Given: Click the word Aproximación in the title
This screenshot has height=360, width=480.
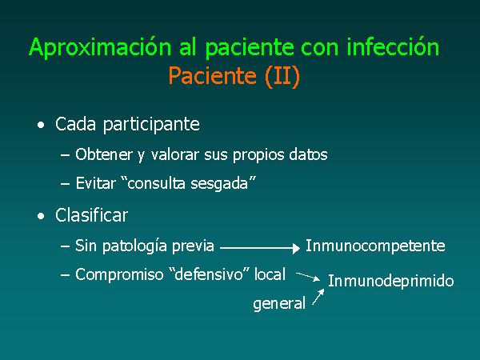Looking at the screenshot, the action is click(100, 48).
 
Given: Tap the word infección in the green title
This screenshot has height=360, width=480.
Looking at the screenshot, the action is click(393, 46).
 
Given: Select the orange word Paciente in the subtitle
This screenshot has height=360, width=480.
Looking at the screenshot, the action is click(212, 75).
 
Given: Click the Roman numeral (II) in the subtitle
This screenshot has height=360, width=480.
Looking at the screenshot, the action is click(282, 77).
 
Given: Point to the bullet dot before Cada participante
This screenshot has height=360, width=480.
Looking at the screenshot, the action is click(41, 126).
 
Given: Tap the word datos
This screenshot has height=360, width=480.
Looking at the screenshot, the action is click(308, 154).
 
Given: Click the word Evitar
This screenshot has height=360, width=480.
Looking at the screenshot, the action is click(95, 183).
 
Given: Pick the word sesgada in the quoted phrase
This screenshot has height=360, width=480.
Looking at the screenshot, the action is click(219, 184).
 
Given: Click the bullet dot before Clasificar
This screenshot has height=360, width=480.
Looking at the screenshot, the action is click(41, 217).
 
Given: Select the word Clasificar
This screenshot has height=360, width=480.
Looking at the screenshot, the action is click(91, 215).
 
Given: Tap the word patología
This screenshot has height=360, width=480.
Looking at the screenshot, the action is click(134, 246).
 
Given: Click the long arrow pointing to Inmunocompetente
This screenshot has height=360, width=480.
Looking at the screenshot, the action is click(260, 248).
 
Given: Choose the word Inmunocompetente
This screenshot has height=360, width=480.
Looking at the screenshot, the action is click(375, 246).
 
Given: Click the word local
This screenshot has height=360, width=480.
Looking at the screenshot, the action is click(270, 274).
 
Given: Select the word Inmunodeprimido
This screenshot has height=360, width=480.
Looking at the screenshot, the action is click(391, 281).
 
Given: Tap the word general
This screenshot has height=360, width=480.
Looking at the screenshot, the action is click(279, 304).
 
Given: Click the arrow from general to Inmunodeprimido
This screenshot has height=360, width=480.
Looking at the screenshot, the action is click(318, 297).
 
